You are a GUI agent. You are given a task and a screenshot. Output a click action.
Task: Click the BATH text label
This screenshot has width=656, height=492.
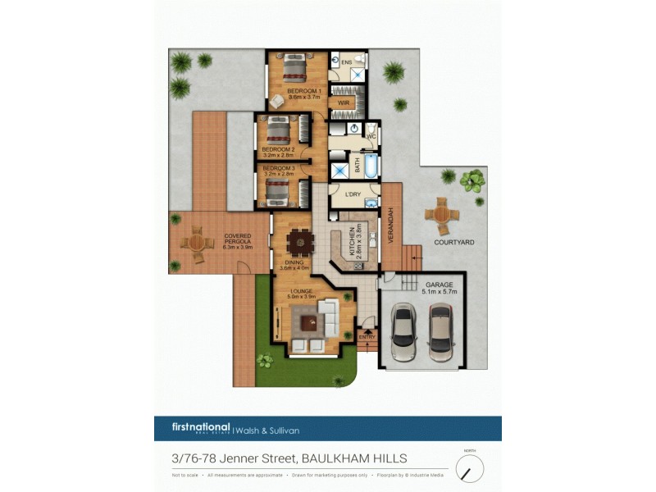pos(358,166)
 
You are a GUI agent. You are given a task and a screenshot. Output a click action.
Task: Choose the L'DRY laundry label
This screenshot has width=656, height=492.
pos(353,194)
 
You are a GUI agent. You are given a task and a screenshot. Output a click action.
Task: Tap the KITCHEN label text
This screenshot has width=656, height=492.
pos(353,242)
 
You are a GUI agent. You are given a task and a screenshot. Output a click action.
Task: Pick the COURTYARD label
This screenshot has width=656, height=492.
pos(453,243)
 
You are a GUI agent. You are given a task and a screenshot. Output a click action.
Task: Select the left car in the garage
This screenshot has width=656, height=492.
pos(404,331)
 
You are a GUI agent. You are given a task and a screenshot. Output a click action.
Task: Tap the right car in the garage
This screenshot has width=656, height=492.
pos(440,331)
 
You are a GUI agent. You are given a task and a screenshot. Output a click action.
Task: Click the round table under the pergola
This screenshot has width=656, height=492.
pos(197,244)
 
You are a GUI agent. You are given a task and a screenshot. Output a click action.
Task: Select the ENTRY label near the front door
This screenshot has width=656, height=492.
pos(367,337)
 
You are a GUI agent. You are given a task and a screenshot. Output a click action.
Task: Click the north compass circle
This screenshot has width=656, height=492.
pos(470,468)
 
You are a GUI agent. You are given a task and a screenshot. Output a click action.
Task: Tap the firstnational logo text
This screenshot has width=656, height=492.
pos(202,427)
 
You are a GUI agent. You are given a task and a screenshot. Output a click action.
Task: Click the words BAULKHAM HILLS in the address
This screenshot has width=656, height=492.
pos(354,458)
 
